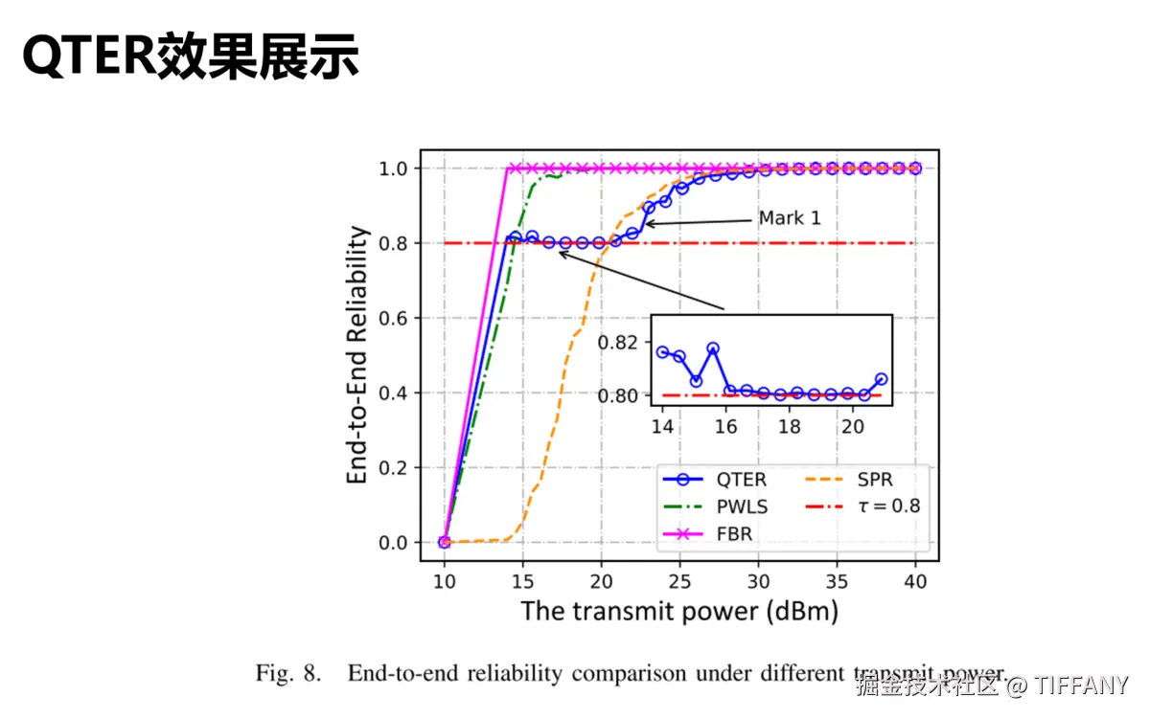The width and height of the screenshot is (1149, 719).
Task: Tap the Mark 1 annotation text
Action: tap(790, 218)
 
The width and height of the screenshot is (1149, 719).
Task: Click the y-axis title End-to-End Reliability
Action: tap(357, 355)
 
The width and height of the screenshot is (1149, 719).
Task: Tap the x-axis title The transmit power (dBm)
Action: tap(678, 611)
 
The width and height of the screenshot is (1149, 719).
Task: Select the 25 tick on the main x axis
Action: tap(679, 581)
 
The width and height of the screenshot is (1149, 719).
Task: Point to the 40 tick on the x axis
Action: tap(915, 581)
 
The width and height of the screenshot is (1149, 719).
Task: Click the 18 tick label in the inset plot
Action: tap(789, 427)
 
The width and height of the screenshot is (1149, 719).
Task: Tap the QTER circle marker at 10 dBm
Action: tap(444, 542)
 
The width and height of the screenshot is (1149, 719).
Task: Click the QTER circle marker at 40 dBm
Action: tap(915, 169)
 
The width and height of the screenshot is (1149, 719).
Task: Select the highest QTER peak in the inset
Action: tap(712, 348)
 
